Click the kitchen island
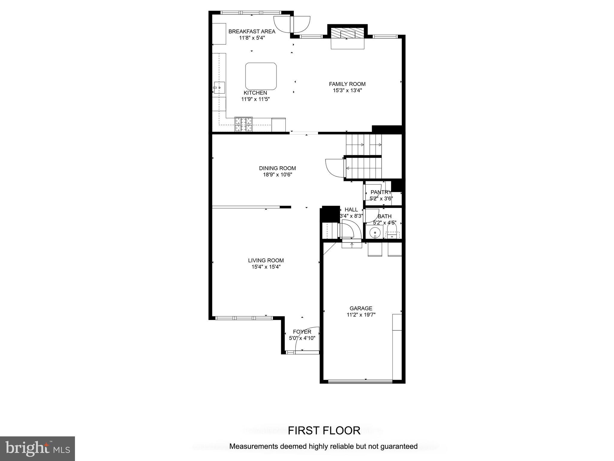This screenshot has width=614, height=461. (261, 76)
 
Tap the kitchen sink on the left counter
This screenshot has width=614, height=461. (219, 88)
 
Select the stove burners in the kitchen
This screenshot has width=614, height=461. (243, 124)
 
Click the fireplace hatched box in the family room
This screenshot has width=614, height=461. (347, 34)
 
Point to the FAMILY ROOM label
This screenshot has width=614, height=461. (347, 84)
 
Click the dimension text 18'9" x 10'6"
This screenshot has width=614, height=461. (277, 175)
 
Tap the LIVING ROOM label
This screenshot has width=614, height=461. (266, 260)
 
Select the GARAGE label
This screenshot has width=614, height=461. (361, 308)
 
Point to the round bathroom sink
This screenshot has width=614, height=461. (375, 233)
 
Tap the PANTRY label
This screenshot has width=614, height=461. (381, 192)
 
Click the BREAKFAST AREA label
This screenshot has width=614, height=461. (252, 31)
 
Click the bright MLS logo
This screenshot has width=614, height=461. (37, 448)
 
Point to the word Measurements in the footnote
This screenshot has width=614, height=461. (254, 446)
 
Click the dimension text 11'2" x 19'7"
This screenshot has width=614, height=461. (361, 315)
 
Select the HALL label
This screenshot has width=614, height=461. (351, 209)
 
